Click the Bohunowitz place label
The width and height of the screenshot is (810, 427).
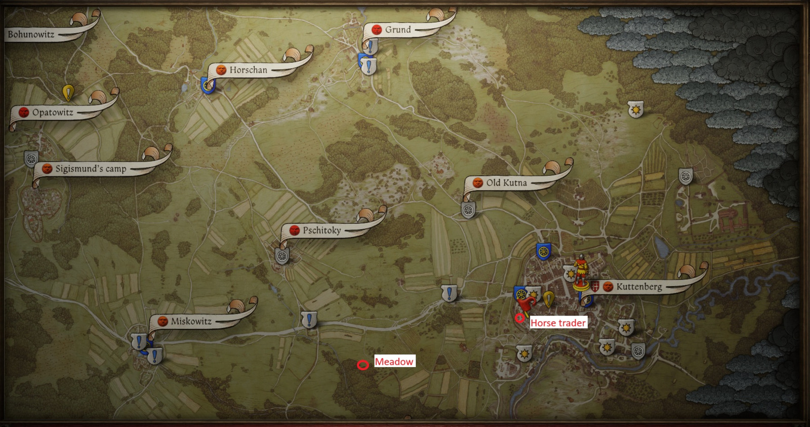31,34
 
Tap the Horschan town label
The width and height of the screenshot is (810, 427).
248,70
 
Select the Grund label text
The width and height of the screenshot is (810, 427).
398,30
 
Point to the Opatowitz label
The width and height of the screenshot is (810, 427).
53,112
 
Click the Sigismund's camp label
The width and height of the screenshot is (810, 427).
91,169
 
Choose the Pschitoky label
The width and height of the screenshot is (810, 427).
322,230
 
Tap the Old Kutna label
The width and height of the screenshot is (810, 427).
506,183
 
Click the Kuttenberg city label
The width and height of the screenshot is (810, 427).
639,287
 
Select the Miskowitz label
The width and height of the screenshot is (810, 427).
191,321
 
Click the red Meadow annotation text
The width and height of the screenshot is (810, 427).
394,362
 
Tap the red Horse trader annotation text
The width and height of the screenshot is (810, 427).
558,323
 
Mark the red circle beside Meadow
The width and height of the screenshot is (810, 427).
362,365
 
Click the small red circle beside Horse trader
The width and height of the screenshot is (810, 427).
519,318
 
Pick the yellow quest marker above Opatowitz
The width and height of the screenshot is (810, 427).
68,93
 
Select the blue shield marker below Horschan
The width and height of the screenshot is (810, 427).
208,85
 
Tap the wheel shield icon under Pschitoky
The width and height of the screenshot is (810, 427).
282,256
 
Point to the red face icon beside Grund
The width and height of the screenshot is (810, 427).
377,30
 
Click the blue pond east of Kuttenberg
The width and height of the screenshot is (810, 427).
661,247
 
